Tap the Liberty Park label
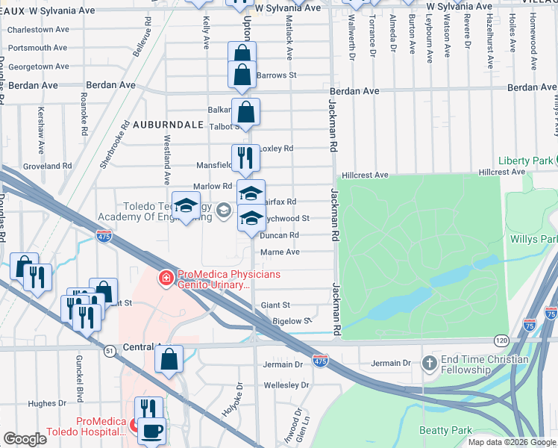(527, 161)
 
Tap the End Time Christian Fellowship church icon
(429, 363)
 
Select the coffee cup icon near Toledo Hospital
(152, 432)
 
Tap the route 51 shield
(110, 350)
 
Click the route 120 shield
(497, 340)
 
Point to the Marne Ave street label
(280, 252)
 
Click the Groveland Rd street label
(47, 166)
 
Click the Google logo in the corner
(25, 439)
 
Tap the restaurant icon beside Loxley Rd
(245, 158)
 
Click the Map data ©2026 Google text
(511, 442)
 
